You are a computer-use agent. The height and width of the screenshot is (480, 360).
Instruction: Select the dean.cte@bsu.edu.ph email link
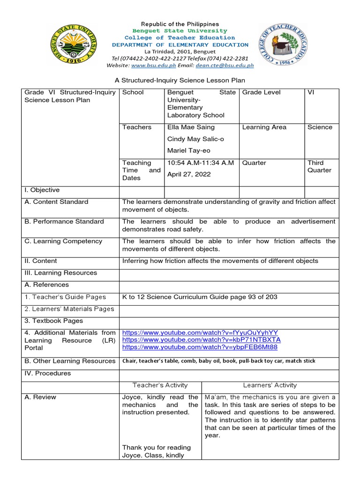228,66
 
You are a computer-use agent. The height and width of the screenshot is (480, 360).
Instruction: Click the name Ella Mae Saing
191,127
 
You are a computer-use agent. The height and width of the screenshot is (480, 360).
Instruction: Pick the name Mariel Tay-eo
189,150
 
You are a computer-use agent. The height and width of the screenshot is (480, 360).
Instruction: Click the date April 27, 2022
189,174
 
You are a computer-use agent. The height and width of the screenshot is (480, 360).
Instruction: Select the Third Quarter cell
319,166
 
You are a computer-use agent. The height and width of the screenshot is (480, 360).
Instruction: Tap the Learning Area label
264,127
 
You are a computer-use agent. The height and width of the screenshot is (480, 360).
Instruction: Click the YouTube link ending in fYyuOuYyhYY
200,332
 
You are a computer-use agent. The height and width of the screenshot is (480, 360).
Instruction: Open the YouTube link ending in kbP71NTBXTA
202,340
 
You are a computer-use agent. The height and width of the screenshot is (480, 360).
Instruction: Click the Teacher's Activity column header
160,385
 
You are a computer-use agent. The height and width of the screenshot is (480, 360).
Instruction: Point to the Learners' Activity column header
270,385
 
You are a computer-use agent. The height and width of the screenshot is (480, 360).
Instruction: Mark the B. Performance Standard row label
64,221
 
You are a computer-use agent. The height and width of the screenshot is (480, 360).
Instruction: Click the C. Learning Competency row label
63,241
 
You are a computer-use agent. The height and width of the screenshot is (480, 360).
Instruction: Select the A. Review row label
40,397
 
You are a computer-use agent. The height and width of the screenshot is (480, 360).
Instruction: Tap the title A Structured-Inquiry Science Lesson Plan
180,81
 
